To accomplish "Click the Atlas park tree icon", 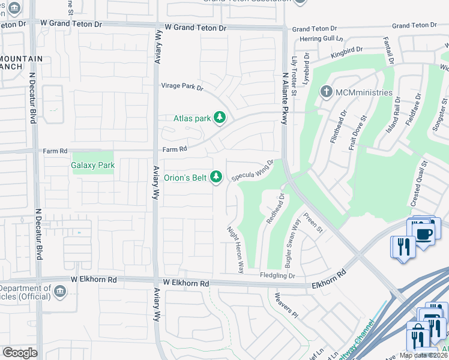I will tap(220, 118).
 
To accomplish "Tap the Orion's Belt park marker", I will tap(217, 177).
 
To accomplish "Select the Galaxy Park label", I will tap(92, 165).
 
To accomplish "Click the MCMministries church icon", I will tap(327, 92).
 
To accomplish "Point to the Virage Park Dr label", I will tap(181, 87).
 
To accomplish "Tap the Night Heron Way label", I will tap(235, 249).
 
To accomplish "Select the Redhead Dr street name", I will tap(274, 208).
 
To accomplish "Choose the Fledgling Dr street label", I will tap(277, 276).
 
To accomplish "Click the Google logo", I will tap(20, 353).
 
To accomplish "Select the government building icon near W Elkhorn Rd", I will tap(60, 292).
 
